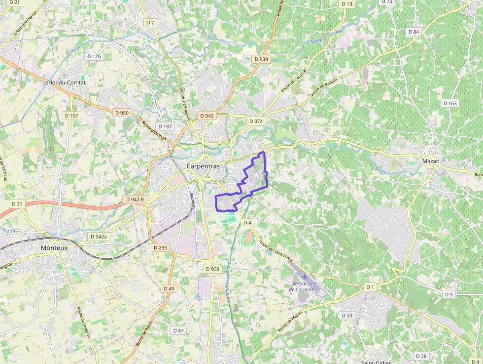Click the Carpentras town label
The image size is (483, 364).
click(x=203, y=166)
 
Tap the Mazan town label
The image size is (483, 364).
click(x=431, y=161)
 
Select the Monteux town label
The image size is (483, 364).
click(x=54, y=247)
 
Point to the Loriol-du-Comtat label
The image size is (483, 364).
click(x=64, y=82)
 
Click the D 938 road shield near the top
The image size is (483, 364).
click(x=261, y=59)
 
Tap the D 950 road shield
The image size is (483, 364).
click(x=121, y=113)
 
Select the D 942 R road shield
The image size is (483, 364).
click(x=135, y=199)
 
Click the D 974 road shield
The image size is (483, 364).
click(x=256, y=121)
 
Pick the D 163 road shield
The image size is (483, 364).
click(x=449, y=103)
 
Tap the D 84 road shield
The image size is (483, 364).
click(x=414, y=32)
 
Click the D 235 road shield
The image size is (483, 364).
click(x=160, y=247)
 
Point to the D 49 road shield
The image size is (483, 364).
click(x=169, y=288)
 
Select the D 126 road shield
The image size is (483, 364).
click(x=94, y=56)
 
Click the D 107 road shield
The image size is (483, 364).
click(x=71, y=116)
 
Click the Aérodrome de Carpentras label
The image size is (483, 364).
click(x=306, y=286)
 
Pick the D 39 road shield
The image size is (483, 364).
click(x=347, y=315)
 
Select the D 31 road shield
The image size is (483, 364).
click(x=16, y=204)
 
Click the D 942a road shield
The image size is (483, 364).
click(x=99, y=237)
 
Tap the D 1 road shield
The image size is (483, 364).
click(x=370, y=287)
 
